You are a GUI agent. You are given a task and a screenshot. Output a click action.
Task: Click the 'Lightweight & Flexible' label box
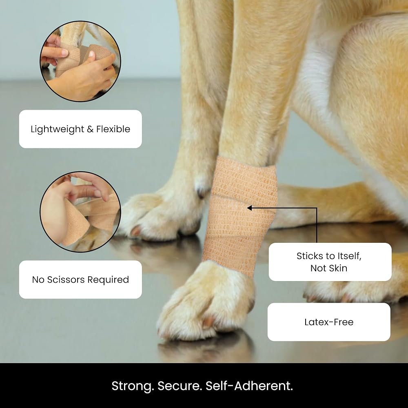80,129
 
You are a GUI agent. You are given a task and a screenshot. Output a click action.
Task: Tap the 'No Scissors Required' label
80,280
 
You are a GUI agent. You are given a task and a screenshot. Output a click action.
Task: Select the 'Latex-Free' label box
329,322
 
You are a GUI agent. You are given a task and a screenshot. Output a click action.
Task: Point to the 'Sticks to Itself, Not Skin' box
330,262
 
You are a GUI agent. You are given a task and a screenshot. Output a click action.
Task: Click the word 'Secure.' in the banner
180,386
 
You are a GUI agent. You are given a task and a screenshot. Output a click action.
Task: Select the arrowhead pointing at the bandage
249,208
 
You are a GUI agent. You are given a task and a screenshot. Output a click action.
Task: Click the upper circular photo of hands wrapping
80,62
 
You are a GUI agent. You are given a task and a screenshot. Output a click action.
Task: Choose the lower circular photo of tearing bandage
80,212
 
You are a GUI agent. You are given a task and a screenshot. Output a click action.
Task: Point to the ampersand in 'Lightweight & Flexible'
90,129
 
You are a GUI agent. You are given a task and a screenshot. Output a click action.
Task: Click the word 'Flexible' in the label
113,129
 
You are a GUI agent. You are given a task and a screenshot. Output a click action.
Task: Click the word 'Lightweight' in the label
58,129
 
